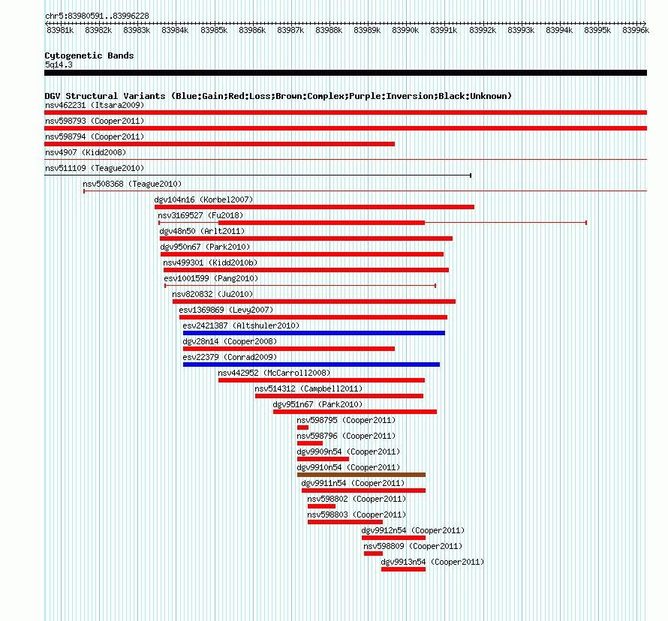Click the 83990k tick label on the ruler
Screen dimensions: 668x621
coord(405,30)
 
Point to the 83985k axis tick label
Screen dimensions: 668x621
coord(214,30)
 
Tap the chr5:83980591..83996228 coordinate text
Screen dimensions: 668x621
coord(97,16)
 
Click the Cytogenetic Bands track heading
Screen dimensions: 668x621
coord(89,55)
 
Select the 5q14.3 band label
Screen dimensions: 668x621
coord(59,64)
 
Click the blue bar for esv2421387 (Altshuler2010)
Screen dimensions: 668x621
coord(314,333)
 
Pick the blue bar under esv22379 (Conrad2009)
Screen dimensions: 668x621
coord(311,364)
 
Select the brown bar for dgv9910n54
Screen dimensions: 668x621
coord(361,475)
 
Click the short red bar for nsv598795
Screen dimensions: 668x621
coord(303,427)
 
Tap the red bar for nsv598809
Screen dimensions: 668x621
coord(373,553)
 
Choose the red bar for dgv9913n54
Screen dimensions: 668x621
coord(404,569)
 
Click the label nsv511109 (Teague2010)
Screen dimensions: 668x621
coord(95,168)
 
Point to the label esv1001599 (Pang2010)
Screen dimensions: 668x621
coord(211,278)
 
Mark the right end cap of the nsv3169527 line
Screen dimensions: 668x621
coord(586,223)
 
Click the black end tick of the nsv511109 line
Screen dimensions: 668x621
coord(471,175)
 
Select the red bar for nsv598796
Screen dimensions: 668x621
coord(310,443)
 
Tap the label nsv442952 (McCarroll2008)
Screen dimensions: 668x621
coord(275,373)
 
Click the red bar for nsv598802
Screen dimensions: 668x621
coord(322,506)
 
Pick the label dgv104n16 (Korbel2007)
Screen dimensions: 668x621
coord(203,199)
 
